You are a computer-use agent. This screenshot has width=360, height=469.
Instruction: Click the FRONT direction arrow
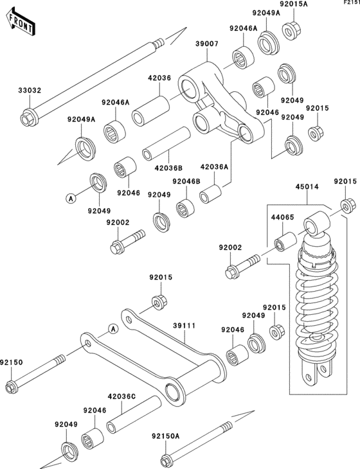[x=21, y=22]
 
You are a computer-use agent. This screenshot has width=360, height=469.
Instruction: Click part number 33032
[x=30, y=90]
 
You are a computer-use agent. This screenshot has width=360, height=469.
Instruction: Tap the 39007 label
[x=207, y=44]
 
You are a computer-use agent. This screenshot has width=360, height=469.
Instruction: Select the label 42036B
[x=168, y=168]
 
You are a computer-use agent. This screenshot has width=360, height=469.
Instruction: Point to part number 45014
[x=307, y=187]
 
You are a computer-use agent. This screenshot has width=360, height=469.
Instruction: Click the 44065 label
[x=282, y=217]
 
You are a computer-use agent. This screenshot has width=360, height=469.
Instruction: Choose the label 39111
[x=184, y=326]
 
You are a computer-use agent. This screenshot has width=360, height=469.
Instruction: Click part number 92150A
[x=165, y=436]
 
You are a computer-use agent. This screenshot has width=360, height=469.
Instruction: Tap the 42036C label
[x=122, y=396]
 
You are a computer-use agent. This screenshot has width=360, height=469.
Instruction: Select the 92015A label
[x=294, y=4]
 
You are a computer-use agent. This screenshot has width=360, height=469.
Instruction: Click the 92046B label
[x=186, y=181]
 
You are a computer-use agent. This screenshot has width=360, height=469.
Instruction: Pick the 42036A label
[x=214, y=166]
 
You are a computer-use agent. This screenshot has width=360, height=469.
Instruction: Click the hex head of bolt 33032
[x=27, y=118]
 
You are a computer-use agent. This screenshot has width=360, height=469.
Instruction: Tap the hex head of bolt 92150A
[x=165, y=460]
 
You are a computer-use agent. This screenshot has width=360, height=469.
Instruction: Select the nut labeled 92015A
[x=291, y=31]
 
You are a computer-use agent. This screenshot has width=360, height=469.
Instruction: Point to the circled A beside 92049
[x=71, y=198]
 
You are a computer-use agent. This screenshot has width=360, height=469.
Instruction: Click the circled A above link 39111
[x=113, y=329]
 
